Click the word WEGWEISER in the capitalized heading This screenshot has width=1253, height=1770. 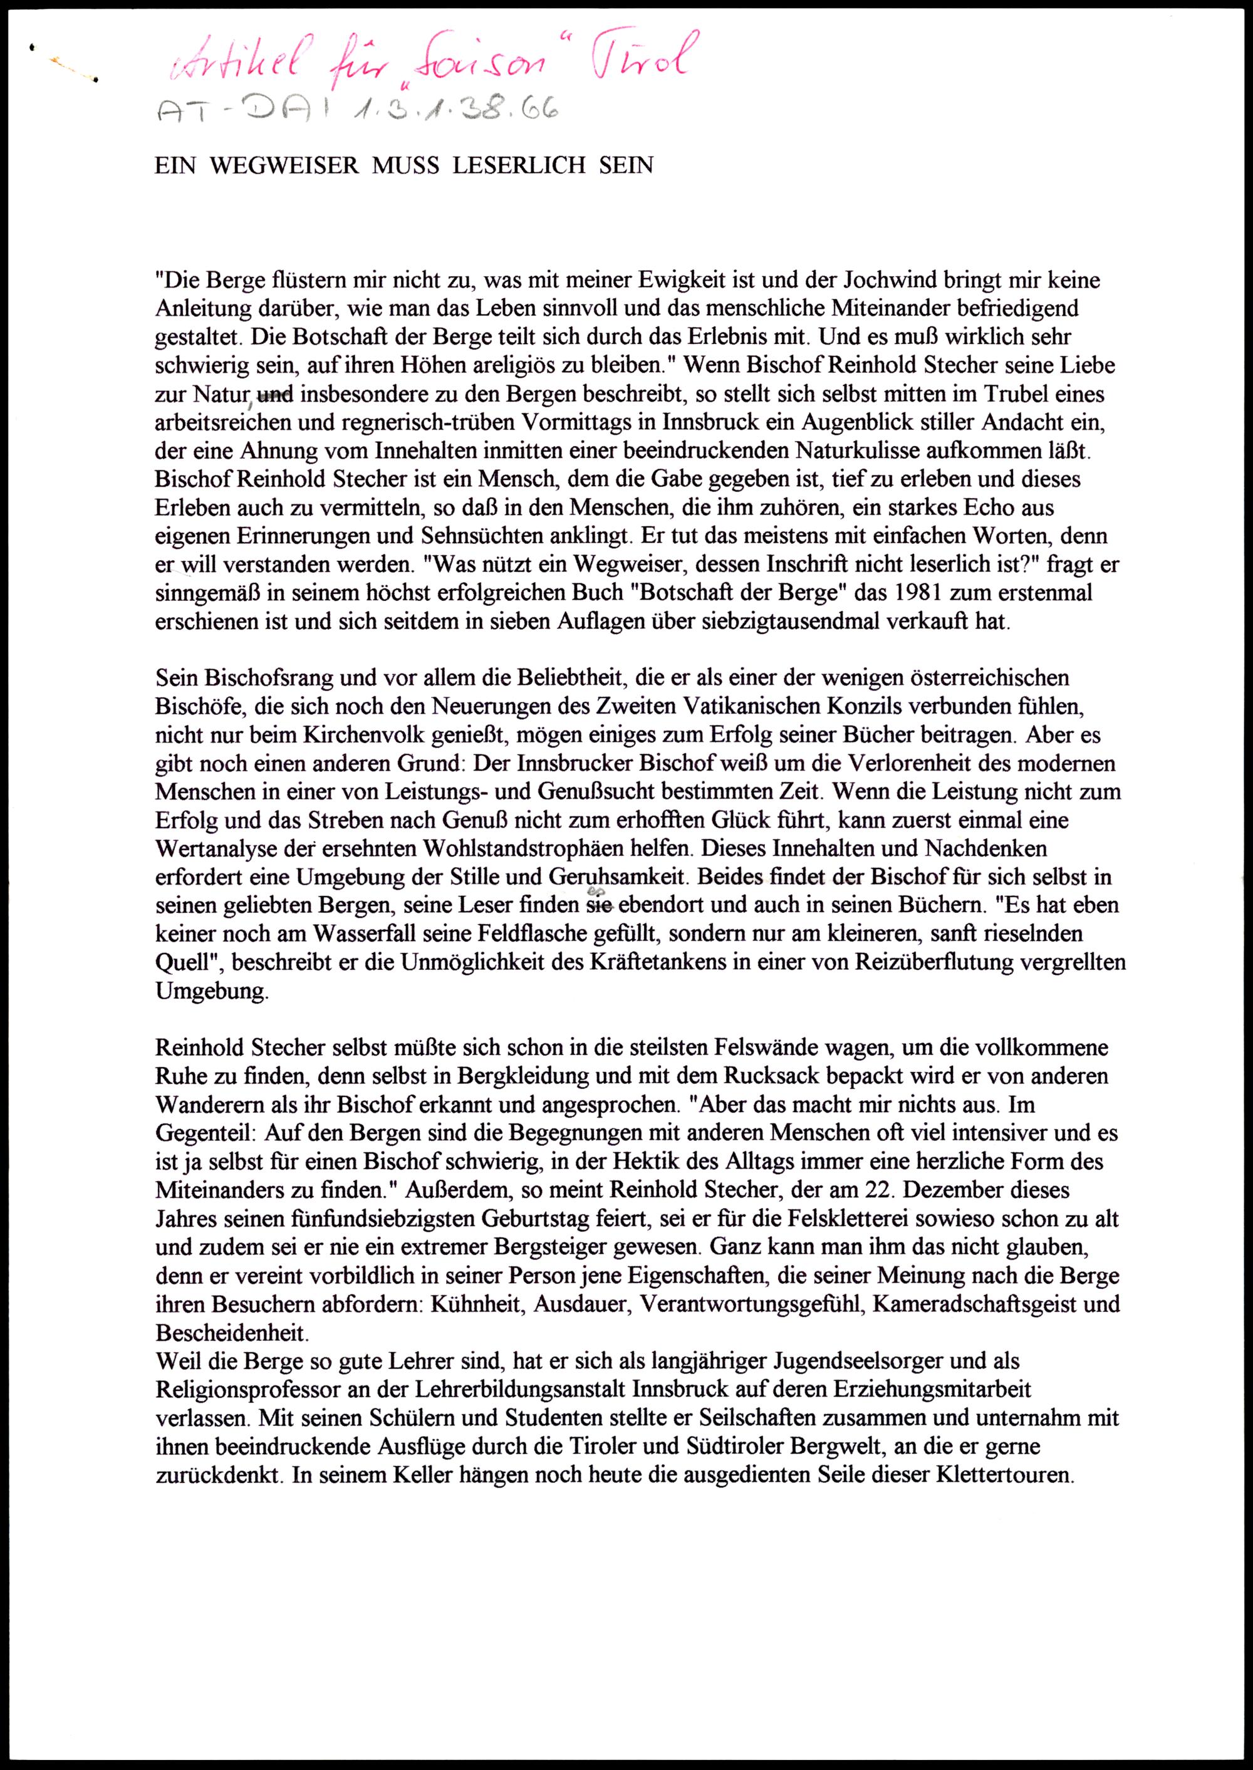[x=284, y=166]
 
